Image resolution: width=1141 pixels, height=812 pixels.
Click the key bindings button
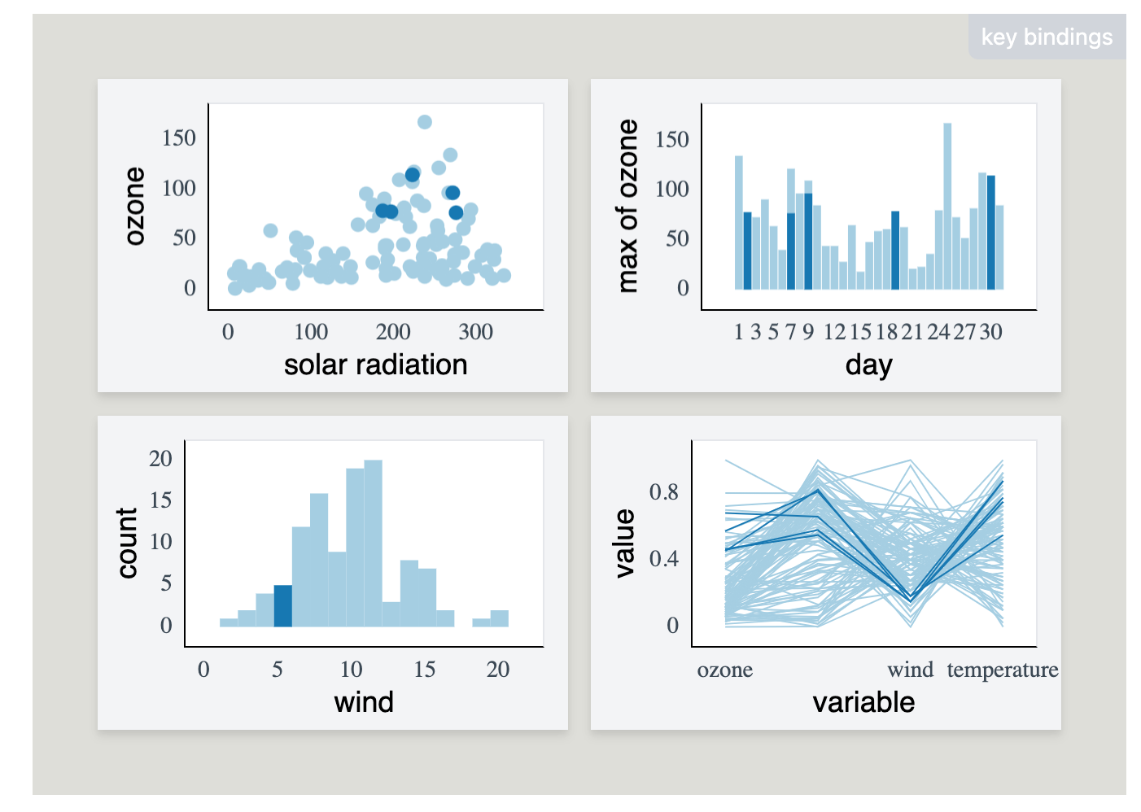[x=1046, y=37]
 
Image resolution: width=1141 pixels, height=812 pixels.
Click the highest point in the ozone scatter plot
[x=424, y=122]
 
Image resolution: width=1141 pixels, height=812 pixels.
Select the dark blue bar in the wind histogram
[x=282, y=605]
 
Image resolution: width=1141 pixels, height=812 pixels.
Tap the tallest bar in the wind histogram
[x=373, y=543]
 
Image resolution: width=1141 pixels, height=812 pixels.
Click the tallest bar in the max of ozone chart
[x=947, y=206]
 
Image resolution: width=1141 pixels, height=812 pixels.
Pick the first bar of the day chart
[x=739, y=222]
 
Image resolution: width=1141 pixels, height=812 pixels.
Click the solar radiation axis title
[x=375, y=365]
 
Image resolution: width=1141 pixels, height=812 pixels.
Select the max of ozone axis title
[x=627, y=206]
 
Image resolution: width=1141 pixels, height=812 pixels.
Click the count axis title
[x=127, y=543]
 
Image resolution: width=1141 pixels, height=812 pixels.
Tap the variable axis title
[x=863, y=702]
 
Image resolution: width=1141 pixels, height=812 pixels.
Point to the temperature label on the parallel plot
[x=1002, y=670]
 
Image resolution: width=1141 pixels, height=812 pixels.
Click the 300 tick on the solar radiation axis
[x=475, y=332]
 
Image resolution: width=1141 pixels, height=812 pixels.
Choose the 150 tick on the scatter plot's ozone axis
[x=179, y=138]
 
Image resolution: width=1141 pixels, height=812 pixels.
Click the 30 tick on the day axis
[x=990, y=332]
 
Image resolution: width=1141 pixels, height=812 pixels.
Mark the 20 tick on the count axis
[x=161, y=459]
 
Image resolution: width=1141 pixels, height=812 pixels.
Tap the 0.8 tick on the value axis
[x=663, y=492]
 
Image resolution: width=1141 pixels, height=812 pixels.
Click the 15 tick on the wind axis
[x=424, y=670]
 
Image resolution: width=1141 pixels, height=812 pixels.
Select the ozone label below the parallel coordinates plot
[x=724, y=670]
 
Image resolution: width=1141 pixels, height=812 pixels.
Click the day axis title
[x=868, y=365]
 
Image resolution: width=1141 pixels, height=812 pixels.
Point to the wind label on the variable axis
[x=910, y=670]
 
